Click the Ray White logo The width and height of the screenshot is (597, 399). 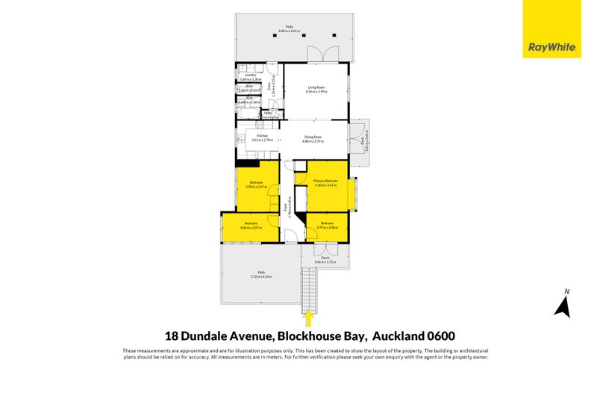(551, 29)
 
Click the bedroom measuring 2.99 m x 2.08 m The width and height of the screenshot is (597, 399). (327, 225)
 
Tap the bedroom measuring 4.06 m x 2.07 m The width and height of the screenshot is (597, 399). (250, 225)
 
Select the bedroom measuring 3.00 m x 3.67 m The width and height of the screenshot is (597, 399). (256, 185)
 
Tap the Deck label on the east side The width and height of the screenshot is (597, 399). (363, 139)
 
